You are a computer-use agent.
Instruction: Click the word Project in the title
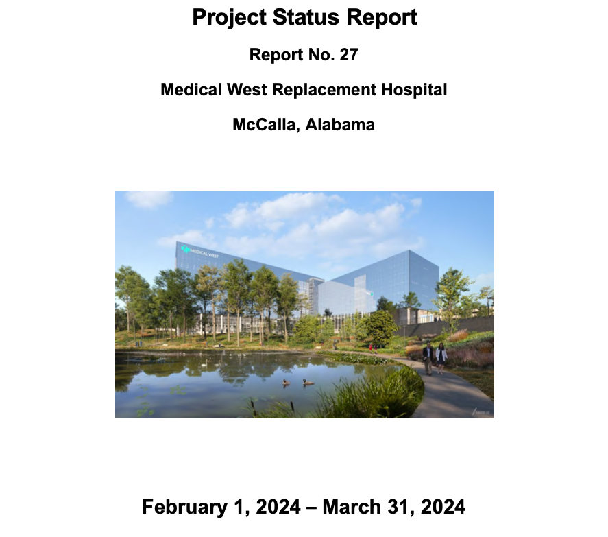(229, 18)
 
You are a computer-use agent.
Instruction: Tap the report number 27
(349, 55)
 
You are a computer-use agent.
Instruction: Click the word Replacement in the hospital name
(324, 90)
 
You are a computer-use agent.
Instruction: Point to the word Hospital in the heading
(414, 90)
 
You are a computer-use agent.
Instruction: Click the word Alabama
(340, 125)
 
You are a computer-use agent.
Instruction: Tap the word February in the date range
(184, 508)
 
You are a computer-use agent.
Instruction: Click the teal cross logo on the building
(185, 249)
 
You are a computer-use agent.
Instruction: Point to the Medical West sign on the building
(199, 252)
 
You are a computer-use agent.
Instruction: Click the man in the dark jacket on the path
(428, 359)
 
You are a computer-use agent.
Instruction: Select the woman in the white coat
(441, 358)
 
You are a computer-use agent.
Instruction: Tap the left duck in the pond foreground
(286, 382)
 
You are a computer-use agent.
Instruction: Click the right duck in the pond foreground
(308, 382)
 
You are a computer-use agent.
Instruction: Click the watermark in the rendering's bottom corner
(481, 411)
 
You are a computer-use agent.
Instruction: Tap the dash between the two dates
(311, 508)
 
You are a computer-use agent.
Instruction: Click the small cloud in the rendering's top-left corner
(149, 199)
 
